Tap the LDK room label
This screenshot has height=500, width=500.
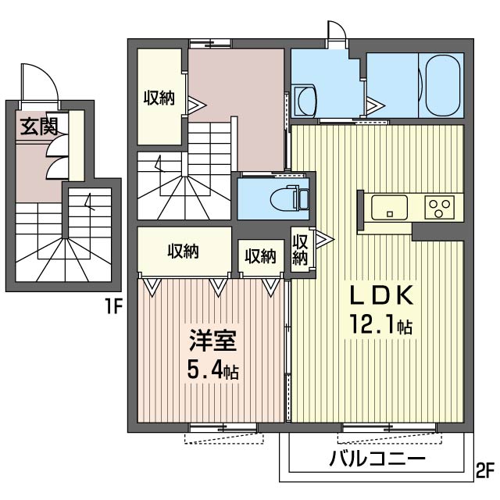(380, 296)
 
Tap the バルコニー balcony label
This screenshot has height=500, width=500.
(377, 459)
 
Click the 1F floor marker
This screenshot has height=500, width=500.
(115, 307)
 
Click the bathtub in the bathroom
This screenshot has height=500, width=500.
(442, 84)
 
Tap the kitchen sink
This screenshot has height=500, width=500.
(388, 208)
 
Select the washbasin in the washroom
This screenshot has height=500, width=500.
(307, 99)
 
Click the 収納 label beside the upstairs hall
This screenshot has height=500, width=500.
(159, 98)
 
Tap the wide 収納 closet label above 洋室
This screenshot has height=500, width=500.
(184, 252)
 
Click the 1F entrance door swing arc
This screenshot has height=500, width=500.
(39, 81)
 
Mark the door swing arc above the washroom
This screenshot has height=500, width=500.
(337, 33)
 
